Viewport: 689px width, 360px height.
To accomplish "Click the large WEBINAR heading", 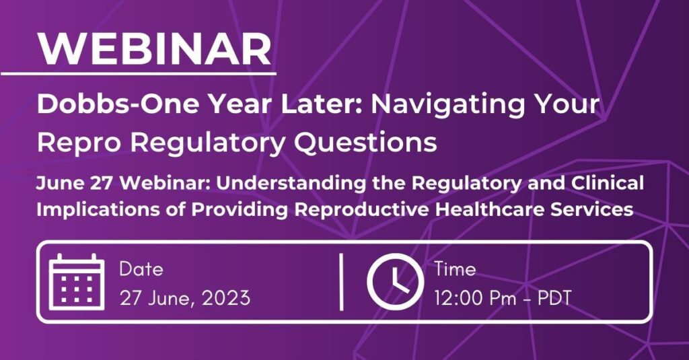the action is [155, 48].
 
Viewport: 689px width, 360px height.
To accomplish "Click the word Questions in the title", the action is [365, 143].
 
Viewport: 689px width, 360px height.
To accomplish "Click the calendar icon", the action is [77, 282].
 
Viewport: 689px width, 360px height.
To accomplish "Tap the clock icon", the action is [396, 282].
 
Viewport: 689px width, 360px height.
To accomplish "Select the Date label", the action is [141, 269].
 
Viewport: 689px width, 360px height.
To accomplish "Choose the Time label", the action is [456, 269].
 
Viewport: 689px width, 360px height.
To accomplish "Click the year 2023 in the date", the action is [226, 298].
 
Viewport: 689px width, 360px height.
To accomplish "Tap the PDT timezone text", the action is [554, 298].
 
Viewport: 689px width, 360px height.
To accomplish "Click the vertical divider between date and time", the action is [341, 282].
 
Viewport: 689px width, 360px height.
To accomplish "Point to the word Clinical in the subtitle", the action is [608, 183].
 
